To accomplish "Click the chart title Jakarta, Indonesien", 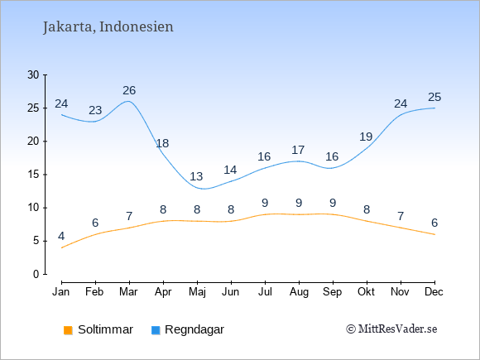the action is (x=108, y=27).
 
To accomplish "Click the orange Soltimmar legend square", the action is (x=68, y=330).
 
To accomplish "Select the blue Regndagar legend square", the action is (x=156, y=330).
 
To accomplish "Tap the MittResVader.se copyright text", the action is (x=391, y=329).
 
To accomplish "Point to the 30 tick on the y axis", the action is (x=33, y=74).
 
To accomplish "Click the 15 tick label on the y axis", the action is (x=33, y=175).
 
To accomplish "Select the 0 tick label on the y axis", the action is (x=36, y=274).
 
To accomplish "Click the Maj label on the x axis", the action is (x=197, y=292).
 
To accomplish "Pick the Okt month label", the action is (x=366, y=292).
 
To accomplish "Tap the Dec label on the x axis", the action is (x=434, y=292).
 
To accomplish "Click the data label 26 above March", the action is (x=129, y=90).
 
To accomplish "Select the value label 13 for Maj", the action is (x=196, y=176).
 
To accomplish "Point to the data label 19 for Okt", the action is (x=366, y=137).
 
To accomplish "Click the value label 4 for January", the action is (x=61, y=237).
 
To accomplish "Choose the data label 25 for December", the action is (x=434, y=98).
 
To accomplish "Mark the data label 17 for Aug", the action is (x=298, y=150).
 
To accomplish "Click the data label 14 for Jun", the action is (x=230, y=170).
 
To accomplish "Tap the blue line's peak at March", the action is (x=128, y=101).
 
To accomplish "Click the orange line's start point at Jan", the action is (x=62, y=247).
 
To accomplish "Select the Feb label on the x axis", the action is (x=94, y=292).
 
